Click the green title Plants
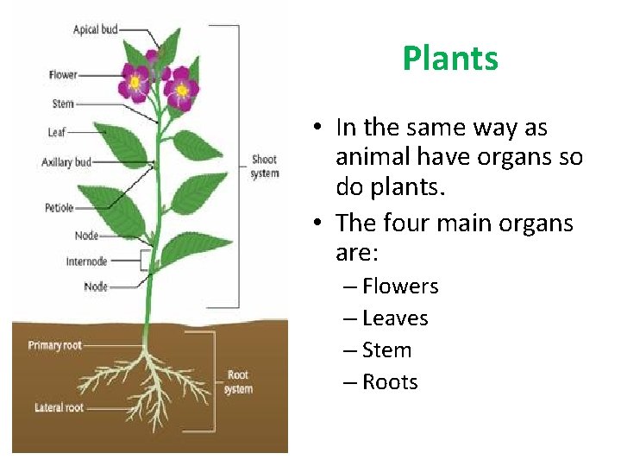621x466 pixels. pos(450,59)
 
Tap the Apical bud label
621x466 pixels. pos(96,29)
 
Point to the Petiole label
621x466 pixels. pos(60,208)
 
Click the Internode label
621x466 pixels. pos(86,261)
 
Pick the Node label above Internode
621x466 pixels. pos(86,236)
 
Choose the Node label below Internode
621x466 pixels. pos(96,287)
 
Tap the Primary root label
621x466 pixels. pos(55,345)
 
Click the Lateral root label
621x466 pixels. pos(60,407)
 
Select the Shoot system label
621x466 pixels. pos(264,167)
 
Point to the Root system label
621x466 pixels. pos(238,382)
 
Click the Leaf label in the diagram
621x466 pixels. pos(57,133)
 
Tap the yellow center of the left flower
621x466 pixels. pos(135,83)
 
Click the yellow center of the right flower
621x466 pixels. pos(182,89)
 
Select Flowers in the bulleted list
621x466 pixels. pos(400,287)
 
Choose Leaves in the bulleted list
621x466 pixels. pos(395,318)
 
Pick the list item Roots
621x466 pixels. pos(390,382)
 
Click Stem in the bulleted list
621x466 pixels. pos(386,350)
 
